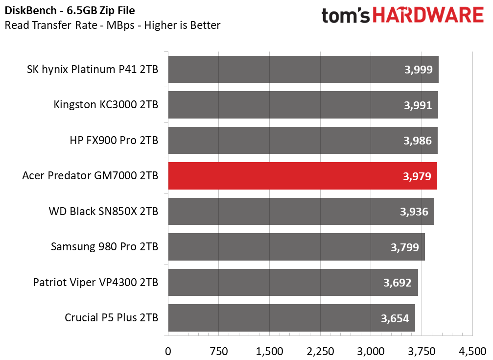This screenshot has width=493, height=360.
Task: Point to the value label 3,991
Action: pyautogui.click(x=418, y=105)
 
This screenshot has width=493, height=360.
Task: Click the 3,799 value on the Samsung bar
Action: pyautogui.click(x=405, y=247)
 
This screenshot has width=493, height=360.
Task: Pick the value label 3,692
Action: pyautogui.click(x=398, y=283)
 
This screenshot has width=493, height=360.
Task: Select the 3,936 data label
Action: pyautogui.click(x=414, y=212)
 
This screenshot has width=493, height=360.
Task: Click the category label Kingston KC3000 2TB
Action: pyautogui.click(x=106, y=105)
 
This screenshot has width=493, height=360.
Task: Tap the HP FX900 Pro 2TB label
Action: pyautogui.click(x=114, y=141)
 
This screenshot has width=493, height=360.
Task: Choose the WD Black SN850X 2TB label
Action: pyautogui.click(x=104, y=212)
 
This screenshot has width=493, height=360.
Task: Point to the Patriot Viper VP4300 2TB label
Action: pyautogui.click(x=95, y=283)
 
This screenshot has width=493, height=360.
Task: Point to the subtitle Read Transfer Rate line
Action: pyautogui.click(x=113, y=25)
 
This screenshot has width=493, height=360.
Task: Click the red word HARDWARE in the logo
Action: pyautogui.click(x=428, y=15)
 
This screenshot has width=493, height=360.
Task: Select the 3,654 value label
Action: pyautogui.click(x=395, y=318)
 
